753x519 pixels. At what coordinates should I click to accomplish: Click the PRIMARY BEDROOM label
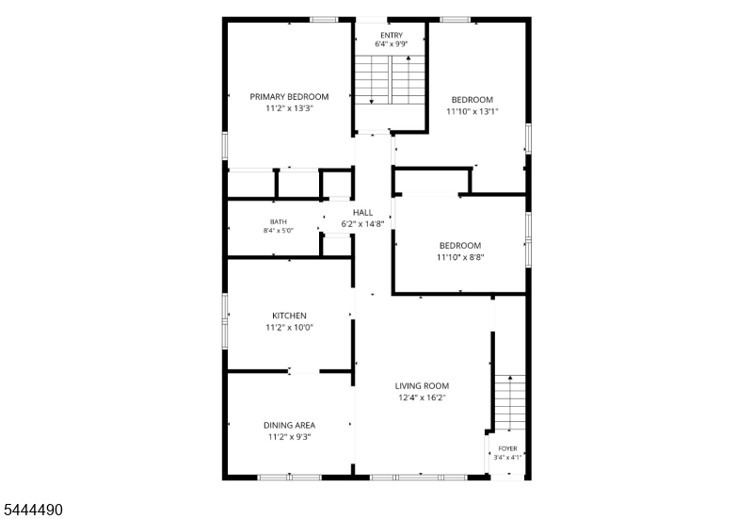point(289,97)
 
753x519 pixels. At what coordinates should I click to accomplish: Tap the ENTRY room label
point(392,35)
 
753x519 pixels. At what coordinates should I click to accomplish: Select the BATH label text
point(278,221)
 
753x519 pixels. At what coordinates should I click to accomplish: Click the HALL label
point(362,213)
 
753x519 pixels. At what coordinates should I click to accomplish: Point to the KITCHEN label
point(289,316)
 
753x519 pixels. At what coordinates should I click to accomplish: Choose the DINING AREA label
point(289,426)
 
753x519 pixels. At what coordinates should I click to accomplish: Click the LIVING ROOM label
point(422,386)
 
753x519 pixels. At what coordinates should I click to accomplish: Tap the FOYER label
point(507,449)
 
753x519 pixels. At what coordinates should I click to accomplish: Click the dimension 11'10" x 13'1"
point(473,111)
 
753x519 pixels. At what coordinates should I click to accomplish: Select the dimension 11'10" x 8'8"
point(460,257)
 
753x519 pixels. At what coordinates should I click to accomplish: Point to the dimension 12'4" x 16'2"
point(422,397)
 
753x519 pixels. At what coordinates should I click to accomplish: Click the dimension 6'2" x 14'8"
point(362,223)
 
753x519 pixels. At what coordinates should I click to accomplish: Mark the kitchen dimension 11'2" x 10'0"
point(289,327)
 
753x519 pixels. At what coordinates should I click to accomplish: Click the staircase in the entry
point(390,80)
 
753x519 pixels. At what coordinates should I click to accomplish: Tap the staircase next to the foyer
point(510,403)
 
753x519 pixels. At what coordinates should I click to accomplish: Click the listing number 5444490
point(32,510)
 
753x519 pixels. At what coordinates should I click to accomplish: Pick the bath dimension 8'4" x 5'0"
point(278,231)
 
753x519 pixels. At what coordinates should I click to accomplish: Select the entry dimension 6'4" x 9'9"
point(392,44)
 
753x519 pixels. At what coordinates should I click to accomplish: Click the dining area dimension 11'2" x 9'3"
point(289,437)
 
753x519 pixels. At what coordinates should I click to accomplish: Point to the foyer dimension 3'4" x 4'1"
point(507,458)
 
